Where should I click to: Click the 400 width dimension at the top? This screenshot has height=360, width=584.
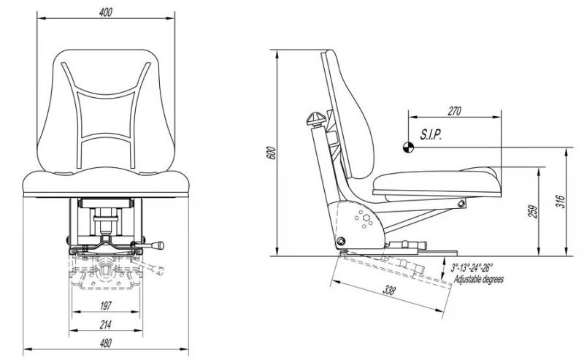106,12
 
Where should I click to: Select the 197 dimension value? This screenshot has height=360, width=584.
106,306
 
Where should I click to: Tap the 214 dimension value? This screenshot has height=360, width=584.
106,325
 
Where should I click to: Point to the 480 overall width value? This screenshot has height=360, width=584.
106,343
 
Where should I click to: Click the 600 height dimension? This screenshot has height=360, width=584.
272,153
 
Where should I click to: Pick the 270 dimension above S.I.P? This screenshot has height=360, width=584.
454,111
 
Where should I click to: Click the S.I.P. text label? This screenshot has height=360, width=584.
431,134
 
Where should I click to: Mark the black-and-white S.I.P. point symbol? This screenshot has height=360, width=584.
409,148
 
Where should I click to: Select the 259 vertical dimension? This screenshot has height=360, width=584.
534,212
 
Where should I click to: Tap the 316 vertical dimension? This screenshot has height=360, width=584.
561,202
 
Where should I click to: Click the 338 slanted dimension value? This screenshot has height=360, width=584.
389,291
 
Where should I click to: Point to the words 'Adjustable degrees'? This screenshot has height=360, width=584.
479,279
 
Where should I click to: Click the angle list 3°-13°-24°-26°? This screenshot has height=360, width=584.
472,267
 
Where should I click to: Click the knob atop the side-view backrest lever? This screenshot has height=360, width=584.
316,119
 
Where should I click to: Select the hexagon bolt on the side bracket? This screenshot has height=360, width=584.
366,218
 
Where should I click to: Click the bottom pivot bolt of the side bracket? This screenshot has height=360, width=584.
340,241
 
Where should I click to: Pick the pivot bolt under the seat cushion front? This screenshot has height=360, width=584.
461,203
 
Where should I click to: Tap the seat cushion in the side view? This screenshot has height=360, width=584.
436,183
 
